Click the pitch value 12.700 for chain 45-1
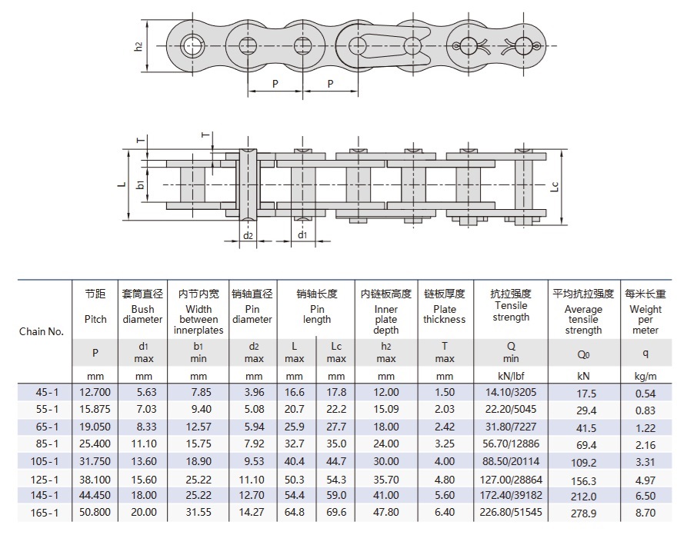[95, 392]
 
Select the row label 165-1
[45, 512]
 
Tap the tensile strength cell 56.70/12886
[511, 444]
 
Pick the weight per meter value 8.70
[645, 513]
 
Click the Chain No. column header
[42, 331]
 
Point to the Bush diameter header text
[142, 314]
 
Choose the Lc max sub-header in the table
[336, 352]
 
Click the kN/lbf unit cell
[511, 376]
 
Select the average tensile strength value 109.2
[584, 462]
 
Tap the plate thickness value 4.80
[445, 480]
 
